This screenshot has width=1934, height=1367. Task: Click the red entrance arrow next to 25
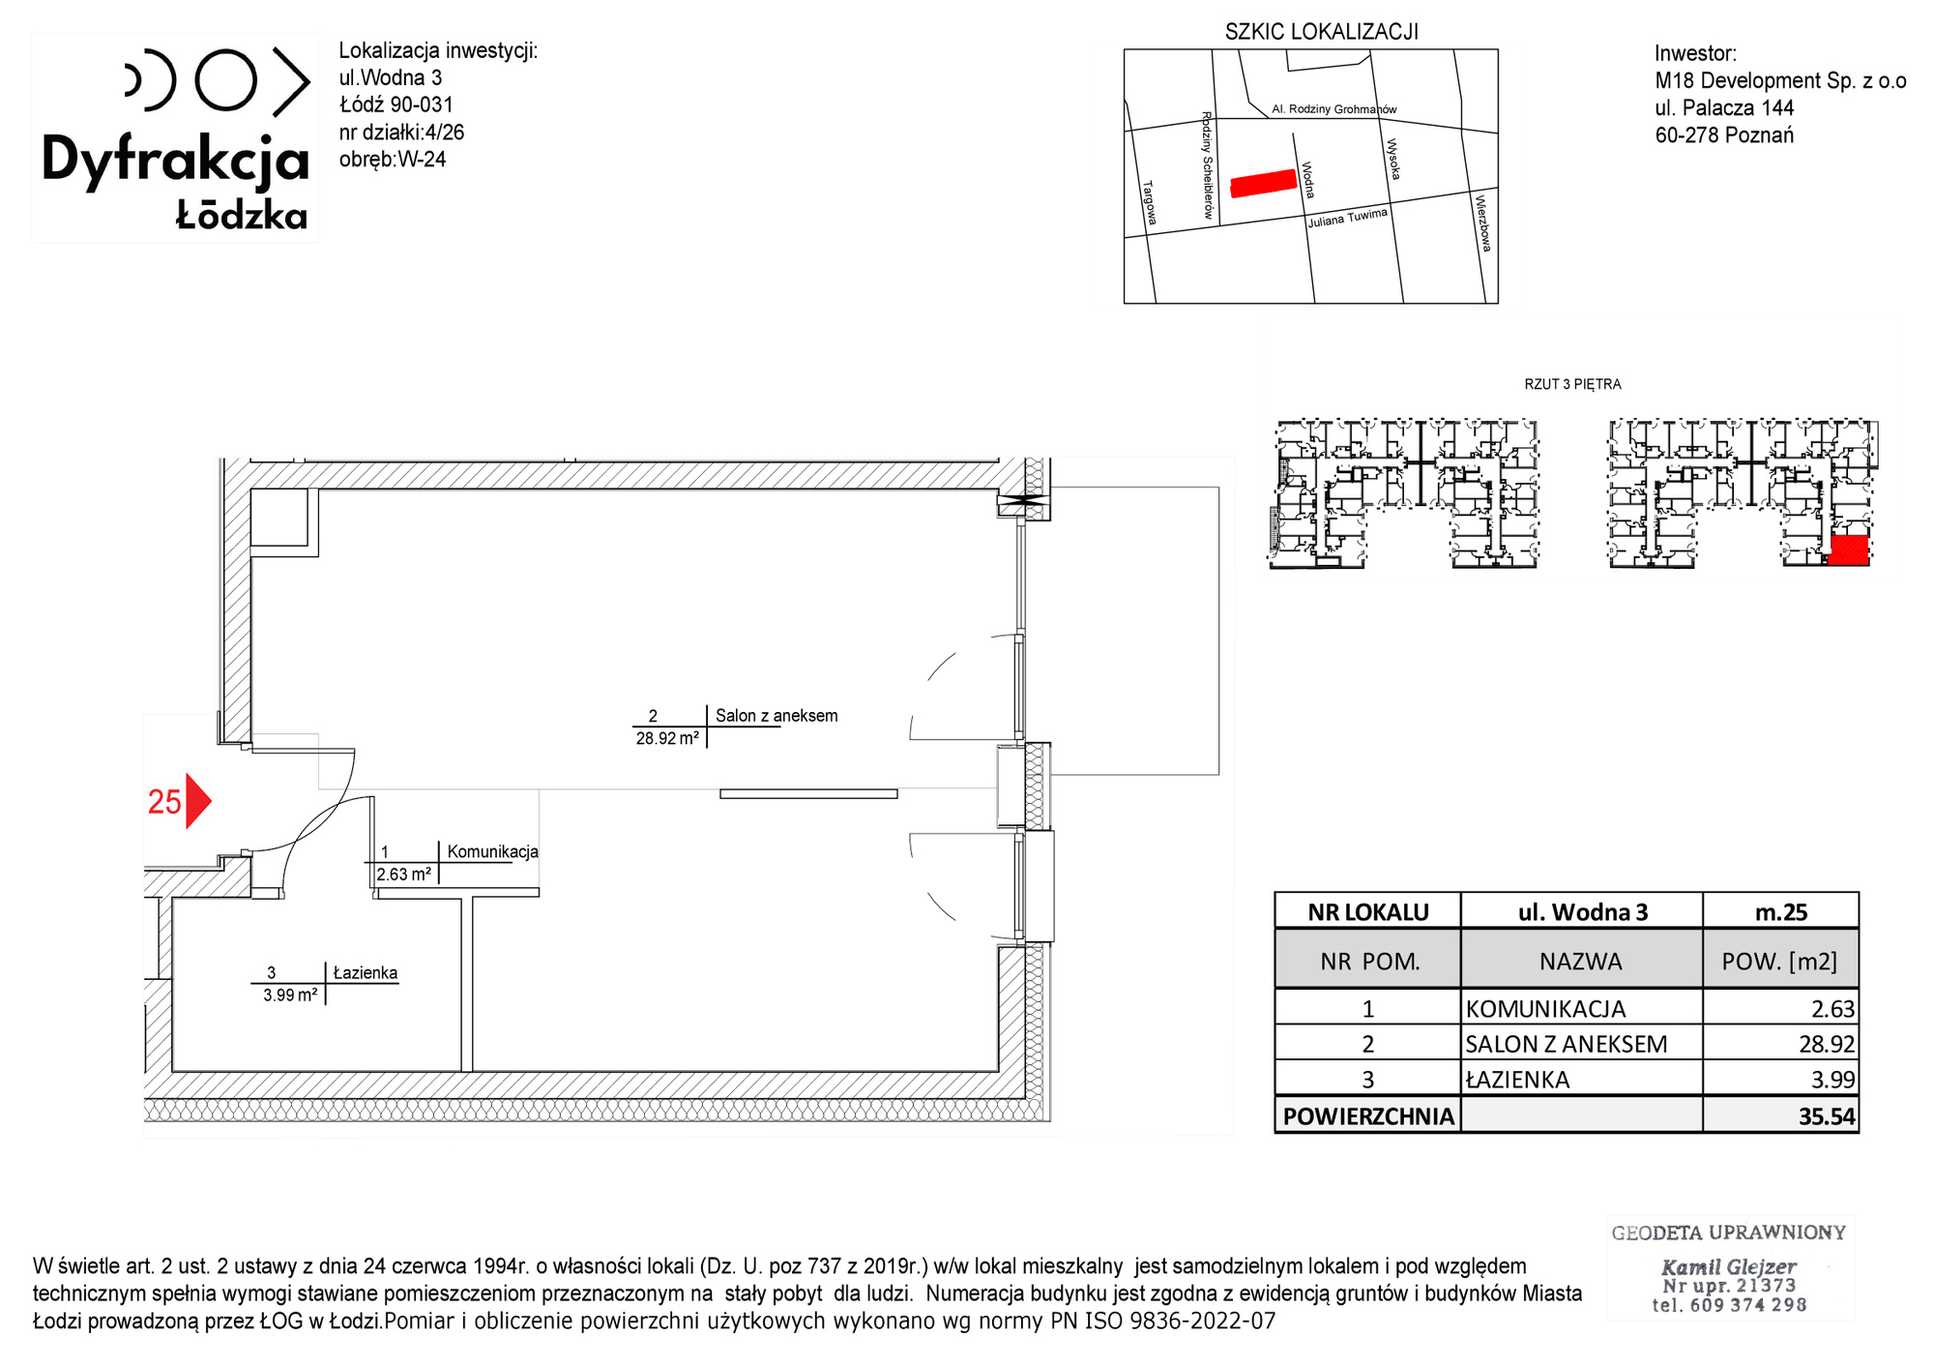(x=197, y=801)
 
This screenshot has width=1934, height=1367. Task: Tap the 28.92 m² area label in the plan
(x=667, y=738)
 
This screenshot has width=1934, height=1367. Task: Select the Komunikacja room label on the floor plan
(x=492, y=851)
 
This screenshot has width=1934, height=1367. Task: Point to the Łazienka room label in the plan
(x=366, y=972)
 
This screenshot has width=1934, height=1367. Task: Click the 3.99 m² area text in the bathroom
(x=290, y=995)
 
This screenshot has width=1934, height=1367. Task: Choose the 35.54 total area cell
(x=1827, y=1116)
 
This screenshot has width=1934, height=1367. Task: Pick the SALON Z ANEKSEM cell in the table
(x=1567, y=1044)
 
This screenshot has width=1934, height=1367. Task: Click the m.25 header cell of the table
(x=1781, y=912)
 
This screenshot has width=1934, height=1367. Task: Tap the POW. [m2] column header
(x=1779, y=962)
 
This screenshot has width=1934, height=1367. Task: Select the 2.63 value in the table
(x=1833, y=1009)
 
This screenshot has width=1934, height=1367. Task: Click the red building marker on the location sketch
(x=1263, y=183)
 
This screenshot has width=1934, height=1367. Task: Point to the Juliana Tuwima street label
(x=1348, y=218)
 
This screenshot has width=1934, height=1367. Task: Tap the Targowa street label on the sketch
(x=1150, y=203)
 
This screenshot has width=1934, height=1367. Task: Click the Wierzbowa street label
(x=1482, y=223)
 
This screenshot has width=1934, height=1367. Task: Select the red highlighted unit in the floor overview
(x=1848, y=550)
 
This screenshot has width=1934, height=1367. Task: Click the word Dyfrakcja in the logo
(x=175, y=161)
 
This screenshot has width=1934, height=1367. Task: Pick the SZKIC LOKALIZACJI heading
(x=1322, y=32)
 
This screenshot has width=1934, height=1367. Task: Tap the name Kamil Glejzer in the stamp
(x=1729, y=1266)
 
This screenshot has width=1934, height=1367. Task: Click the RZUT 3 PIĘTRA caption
(x=1572, y=384)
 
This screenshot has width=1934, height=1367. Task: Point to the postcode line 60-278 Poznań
(x=1724, y=135)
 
